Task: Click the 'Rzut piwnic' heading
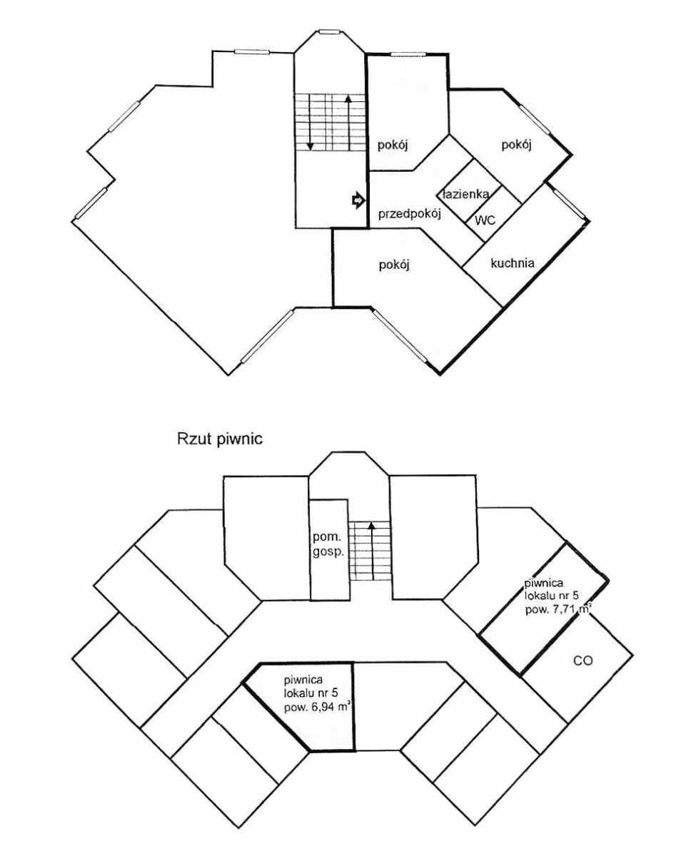point(220,439)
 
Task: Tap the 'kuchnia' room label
point(513,263)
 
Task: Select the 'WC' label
point(485,220)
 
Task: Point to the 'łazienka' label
point(466,194)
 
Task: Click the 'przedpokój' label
point(410,215)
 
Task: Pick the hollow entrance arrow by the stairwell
point(358,200)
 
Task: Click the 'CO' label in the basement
point(582,661)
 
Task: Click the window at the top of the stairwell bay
point(330,32)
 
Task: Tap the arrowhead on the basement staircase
point(372,526)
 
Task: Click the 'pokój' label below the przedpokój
point(394,265)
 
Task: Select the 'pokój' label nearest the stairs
point(393,146)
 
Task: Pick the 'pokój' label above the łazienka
point(516,146)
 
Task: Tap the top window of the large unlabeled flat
point(252,51)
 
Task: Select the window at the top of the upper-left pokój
point(408,54)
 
